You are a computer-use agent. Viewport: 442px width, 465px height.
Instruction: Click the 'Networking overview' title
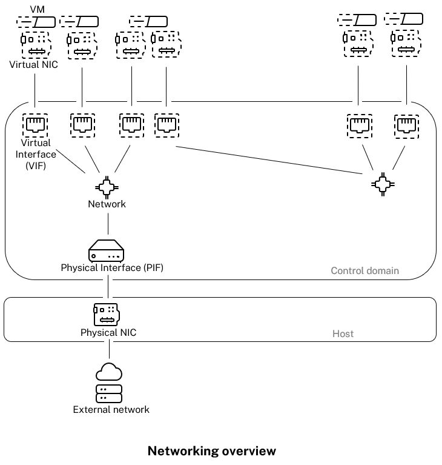(x=211, y=451)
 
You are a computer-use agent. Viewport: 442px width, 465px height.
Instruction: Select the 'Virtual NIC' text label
(x=34, y=64)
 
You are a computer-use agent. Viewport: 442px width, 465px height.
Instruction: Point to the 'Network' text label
(x=107, y=204)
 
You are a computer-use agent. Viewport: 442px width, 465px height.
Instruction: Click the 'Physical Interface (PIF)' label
(x=112, y=267)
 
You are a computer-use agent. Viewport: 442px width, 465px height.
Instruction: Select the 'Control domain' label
(x=364, y=270)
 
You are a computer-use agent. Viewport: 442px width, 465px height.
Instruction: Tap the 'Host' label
(x=343, y=333)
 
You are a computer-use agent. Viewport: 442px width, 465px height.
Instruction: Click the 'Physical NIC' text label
(x=108, y=333)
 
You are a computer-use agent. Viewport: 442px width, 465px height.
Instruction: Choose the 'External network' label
(x=111, y=410)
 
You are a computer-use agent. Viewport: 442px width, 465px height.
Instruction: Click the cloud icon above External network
(x=109, y=371)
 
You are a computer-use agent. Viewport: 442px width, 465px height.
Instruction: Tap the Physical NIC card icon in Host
(x=106, y=314)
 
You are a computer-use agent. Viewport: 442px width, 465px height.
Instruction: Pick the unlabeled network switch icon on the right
(x=382, y=184)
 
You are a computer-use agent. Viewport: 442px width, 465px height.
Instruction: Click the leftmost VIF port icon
(x=35, y=125)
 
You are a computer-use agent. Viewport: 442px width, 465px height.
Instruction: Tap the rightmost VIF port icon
(x=406, y=125)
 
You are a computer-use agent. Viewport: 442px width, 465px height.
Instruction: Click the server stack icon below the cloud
(x=109, y=393)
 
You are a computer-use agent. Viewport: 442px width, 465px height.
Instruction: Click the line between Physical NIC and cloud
(x=109, y=350)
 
